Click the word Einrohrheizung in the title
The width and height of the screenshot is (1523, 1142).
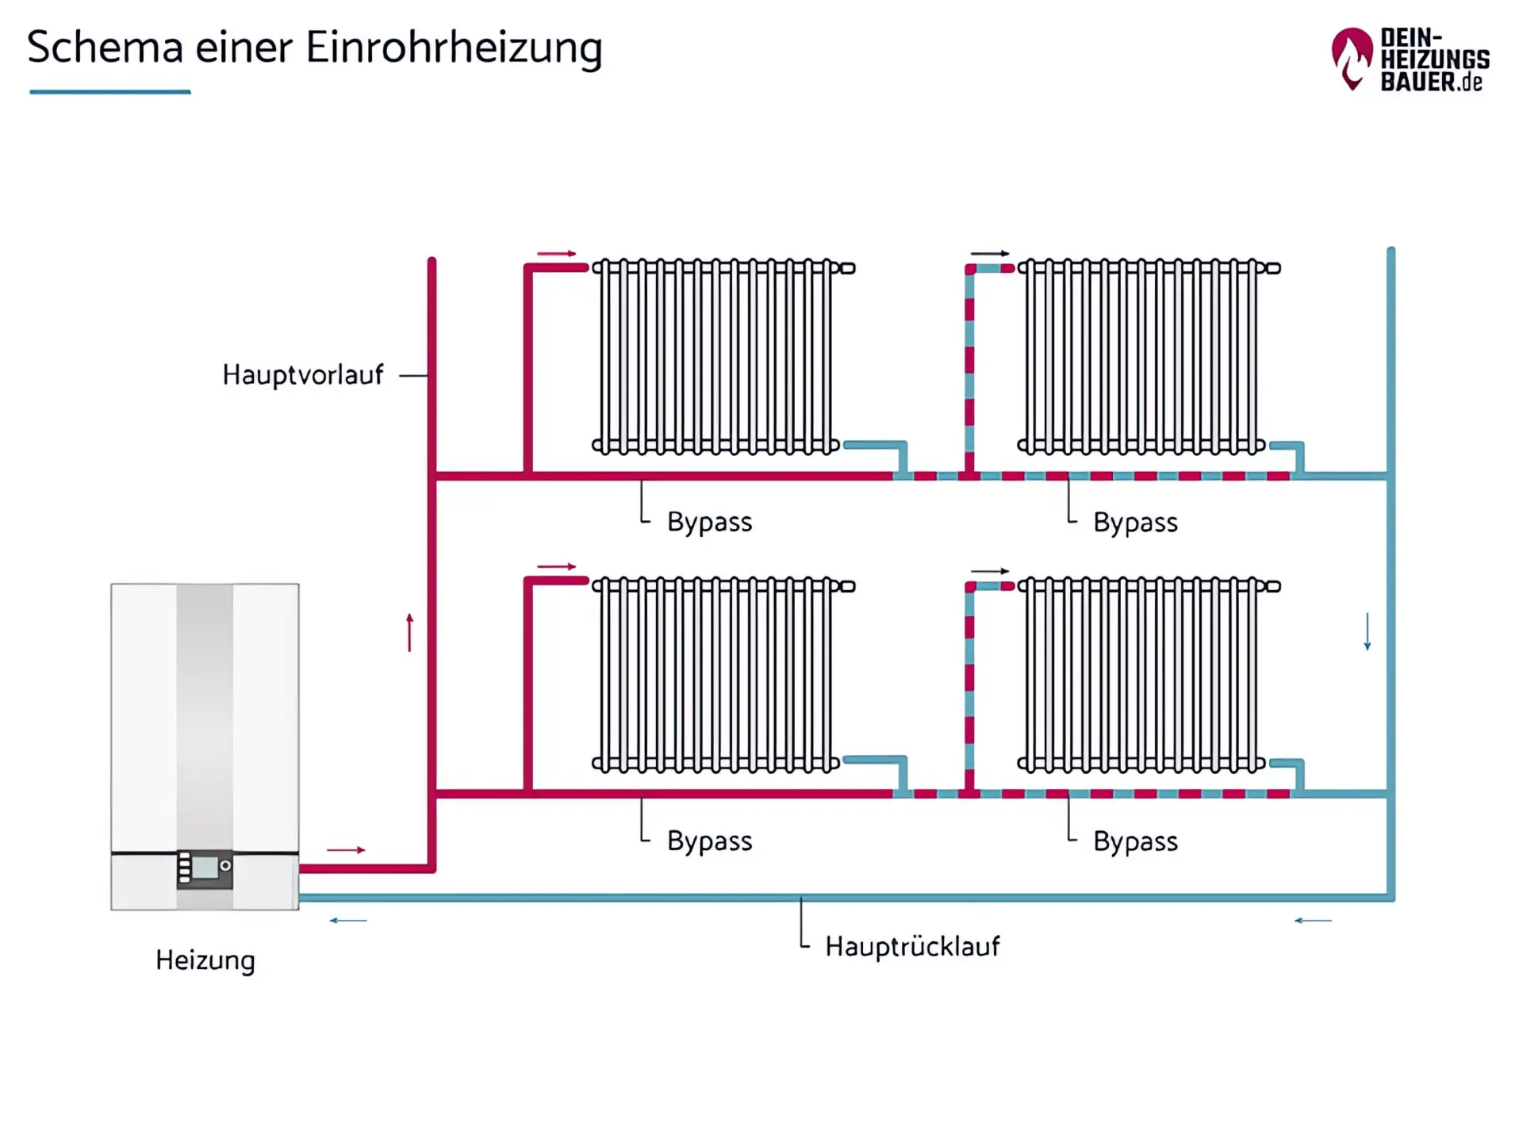(x=454, y=48)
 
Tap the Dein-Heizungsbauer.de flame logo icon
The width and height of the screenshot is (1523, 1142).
(x=1351, y=59)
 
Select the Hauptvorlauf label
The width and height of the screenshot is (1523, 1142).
(x=302, y=374)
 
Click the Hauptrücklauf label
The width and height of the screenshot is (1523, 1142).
(x=912, y=946)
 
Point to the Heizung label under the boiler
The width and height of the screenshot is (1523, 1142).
(x=205, y=960)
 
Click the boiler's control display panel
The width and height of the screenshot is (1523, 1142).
(x=205, y=868)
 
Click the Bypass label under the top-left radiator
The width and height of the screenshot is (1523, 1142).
(x=709, y=522)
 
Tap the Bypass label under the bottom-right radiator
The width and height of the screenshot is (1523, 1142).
(x=1135, y=841)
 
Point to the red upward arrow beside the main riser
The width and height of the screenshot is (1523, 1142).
(x=409, y=632)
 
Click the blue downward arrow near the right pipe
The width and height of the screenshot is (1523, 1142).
(x=1367, y=631)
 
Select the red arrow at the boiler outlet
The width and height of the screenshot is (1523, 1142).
(x=346, y=849)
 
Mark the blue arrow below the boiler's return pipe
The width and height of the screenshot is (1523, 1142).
(x=348, y=920)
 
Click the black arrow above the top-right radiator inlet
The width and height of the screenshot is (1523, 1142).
(x=990, y=254)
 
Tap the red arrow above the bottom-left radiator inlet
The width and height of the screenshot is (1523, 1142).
(x=556, y=566)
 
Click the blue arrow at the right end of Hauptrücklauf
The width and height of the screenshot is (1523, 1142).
(x=1313, y=920)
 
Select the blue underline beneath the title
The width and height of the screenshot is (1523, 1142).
(x=110, y=92)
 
